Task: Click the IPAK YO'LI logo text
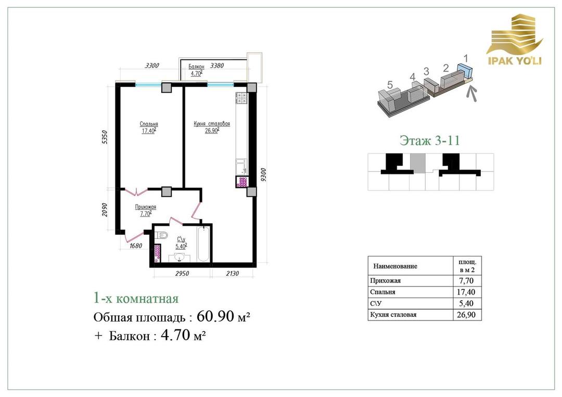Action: (515, 60)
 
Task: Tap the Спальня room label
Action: (149, 124)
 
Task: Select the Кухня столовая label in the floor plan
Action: (212, 124)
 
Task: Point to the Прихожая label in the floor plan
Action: (146, 207)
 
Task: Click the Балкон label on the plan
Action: (196, 67)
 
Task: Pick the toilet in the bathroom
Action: (162, 235)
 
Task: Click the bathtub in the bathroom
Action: (203, 245)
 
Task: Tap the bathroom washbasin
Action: (180, 258)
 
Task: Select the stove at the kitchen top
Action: (241, 98)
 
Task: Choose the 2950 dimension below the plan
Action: (182, 273)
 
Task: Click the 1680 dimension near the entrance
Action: (136, 246)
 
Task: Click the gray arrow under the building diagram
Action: (472, 93)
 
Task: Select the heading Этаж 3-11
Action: (429, 140)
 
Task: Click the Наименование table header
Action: (395, 266)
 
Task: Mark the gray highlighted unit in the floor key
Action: (417, 163)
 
